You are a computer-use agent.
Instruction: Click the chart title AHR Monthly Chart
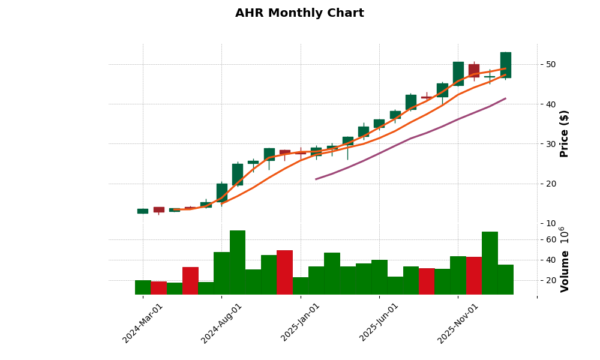tap(299, 13)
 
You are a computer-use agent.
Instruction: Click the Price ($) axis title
tap(564, 133)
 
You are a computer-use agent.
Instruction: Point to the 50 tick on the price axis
tap(550, 64)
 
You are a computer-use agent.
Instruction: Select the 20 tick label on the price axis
tap(550, 184)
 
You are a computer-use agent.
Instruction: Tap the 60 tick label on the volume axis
tap(550, 239)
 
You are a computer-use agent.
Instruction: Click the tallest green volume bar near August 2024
tap(238, 262)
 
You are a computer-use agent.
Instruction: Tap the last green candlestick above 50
tap(506, 65)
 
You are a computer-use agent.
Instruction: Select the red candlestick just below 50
tap(474, 70)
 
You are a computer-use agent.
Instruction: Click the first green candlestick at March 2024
tap(143, 211)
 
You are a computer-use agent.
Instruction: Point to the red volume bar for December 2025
tap(474, 275)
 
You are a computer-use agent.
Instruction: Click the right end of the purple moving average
tap(505, 98)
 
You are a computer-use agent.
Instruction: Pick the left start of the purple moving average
tap(316, 179)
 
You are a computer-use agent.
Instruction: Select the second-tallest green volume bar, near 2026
tap(490, 263)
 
